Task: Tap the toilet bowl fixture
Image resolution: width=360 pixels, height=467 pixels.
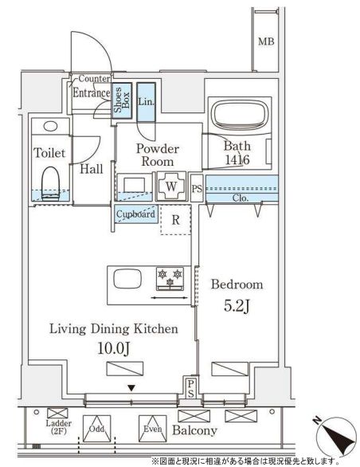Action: tap(51, 183)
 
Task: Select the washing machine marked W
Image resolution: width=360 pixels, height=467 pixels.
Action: tap(171, 186)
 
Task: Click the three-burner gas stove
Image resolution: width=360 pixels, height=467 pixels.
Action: tap(170, 278)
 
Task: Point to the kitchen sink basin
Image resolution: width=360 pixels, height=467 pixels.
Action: tap(127, 278)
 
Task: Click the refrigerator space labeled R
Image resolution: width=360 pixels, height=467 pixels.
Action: tap(176, 220)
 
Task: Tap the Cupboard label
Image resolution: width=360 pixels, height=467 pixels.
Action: tap(135, 214)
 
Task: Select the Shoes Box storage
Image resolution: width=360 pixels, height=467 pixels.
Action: tap(122, 100)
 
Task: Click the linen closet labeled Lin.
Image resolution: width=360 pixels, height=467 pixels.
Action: tap(147, 102)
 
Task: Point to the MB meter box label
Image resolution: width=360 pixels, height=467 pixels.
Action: tap(266, 41)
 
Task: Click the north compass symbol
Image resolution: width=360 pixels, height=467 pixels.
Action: tap(336, 436)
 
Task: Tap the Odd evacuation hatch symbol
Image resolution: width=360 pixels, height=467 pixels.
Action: tap(97, 429)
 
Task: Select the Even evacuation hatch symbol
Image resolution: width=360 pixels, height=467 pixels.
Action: tap(152, 429)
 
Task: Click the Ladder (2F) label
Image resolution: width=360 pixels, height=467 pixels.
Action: tap(59, 427)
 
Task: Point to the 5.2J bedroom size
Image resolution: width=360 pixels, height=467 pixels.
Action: tap(237, 306)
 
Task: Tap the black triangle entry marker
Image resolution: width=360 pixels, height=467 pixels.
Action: tap(131, 388)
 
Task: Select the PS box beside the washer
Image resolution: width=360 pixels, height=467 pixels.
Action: tap(197, 188)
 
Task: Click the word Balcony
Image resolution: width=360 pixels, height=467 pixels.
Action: tap(195, 430)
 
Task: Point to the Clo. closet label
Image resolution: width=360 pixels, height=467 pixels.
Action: tap(240, 198)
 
